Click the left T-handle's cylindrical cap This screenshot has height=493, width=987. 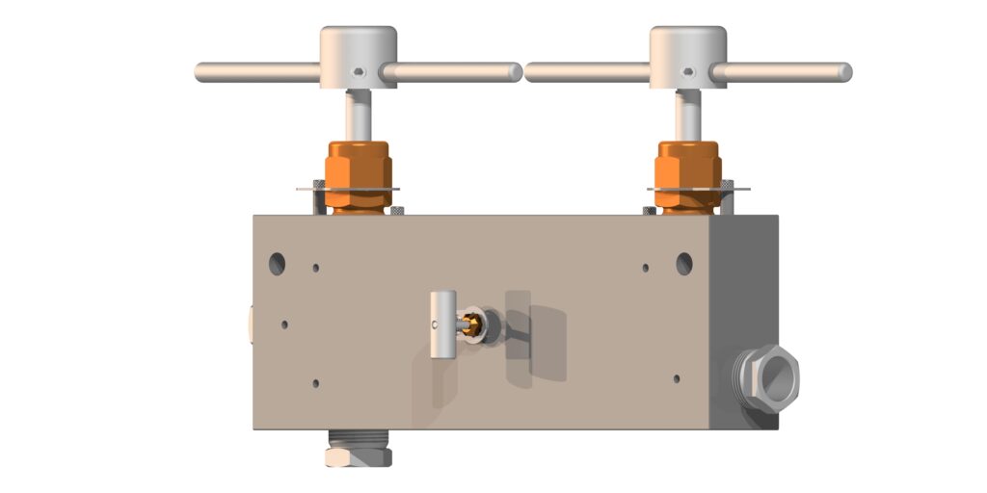(358, 48)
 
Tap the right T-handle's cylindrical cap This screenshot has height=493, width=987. (687, 48)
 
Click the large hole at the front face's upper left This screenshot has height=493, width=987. (278, 261)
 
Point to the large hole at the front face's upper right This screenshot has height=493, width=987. (684, 262)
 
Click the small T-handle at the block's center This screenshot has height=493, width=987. (442, 324)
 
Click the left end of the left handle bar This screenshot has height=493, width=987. (202, 71)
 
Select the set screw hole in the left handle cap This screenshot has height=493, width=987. (358, 73)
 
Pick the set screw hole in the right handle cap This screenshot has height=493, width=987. (687, 73)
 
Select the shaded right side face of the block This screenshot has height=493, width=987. (747, 289)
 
